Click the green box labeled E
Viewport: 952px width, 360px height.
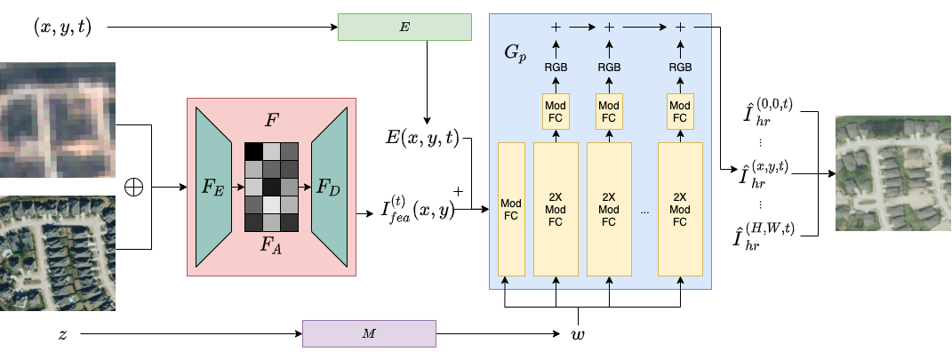(x=404, y=28)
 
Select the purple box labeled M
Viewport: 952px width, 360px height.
(x=370, y=333)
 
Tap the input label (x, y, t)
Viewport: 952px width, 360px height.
(x=61, y=28)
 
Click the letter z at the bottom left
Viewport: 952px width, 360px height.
(x=62, y=334)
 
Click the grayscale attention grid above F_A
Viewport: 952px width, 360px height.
(x=270, y=187)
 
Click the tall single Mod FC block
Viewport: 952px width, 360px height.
(x=512, y=208)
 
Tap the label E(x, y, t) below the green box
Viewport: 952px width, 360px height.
(x=421, y=138)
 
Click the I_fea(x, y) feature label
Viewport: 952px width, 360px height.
(x=418, y=210)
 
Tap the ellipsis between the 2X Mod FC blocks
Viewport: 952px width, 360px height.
(x=644, y=212)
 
